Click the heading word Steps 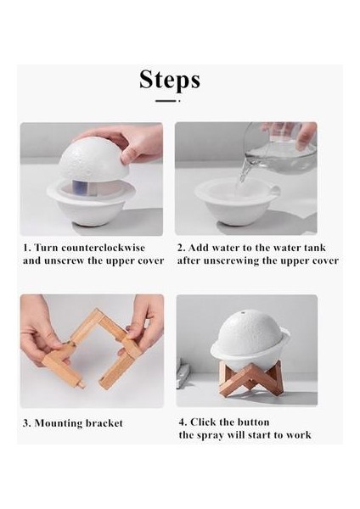[170, 80]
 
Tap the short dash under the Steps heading [166, 101]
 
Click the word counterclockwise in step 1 [103, 248]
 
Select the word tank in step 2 [315, 248]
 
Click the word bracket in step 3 [104, 423]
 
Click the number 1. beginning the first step [27, 248]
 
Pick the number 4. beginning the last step [183, 422]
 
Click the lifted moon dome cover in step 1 [94, 160]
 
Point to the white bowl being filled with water [237, 202]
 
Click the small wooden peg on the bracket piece [81, 383]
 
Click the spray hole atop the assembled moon [243, 314]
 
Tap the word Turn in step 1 [46, 248]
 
